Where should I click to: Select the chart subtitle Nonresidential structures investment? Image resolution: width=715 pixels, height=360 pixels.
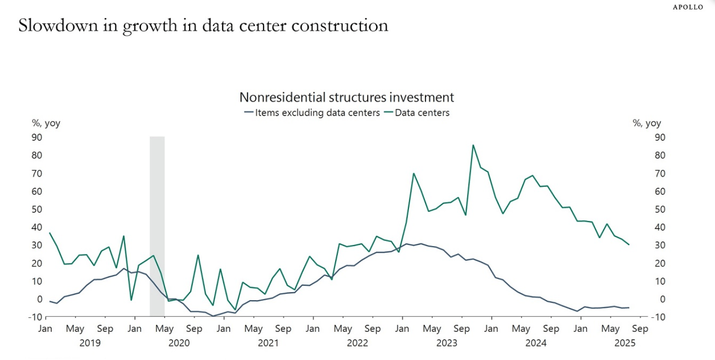pyautogui.click(x=346, y=97)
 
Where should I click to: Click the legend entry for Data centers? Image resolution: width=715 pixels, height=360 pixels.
pyautogui.click(x=422, y=112)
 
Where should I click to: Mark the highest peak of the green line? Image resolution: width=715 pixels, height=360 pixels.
pyautogui.click(x=473, y=145)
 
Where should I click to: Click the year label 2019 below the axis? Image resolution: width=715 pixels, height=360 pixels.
pyautogui.click(x=90, y=343)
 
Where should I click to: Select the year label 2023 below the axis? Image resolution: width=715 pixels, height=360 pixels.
pyautogui.click(x=447, y=343)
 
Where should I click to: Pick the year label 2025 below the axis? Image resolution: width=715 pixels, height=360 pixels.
pyautogui.click(x=625, y=343)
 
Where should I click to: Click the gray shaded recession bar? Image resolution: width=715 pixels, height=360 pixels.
pyautogui.click(x=157, y=226)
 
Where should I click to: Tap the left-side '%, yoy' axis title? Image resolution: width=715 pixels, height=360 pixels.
pyautogui.click(x=46, y=124)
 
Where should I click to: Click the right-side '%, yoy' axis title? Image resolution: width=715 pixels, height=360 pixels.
pyautogui.click(x=647, y=124)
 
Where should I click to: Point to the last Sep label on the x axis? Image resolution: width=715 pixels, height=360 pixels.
pyautogui.click(x=640, y=329)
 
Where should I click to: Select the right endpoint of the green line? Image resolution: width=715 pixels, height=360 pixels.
pyautogui.click(x=629, y=245)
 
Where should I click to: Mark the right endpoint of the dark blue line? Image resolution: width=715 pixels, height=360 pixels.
pyautogui.click(x=629, y=308)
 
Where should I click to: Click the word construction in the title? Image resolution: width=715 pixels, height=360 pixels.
pyautogui.click(x=341, y=26)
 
